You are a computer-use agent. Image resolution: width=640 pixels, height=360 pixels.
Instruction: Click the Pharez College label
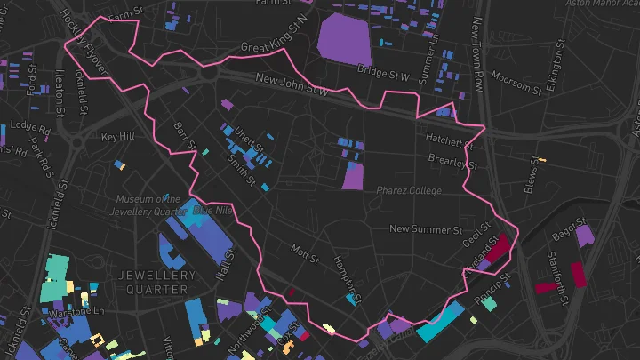coord(408,190)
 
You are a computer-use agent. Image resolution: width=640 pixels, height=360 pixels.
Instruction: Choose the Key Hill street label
coord(117,137)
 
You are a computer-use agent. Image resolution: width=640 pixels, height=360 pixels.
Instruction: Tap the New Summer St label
coord(426,229)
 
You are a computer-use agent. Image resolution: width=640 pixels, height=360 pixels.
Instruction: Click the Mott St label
coord(305,256)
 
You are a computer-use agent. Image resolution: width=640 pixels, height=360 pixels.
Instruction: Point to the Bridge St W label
coord(382,73)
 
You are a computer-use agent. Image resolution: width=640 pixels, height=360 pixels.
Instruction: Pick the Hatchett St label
coord(449,140)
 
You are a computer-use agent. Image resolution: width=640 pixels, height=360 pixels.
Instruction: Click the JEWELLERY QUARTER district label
coord(156,283)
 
